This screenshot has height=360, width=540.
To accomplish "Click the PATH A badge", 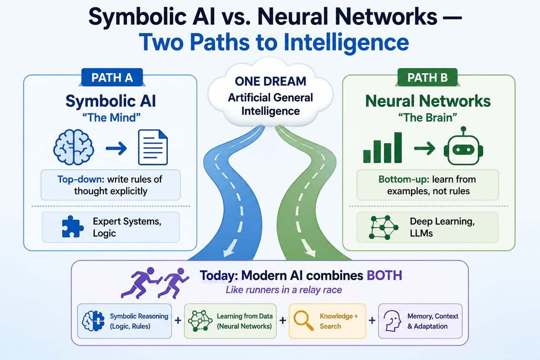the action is pyautogui.click(x=112, y=77).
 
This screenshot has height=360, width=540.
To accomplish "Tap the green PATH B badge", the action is pyautogui.click(x=427, y=77).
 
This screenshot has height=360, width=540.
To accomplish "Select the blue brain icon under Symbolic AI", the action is pyautogui.click(x=73, y=147).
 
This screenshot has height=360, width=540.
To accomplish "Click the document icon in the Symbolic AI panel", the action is pyautogui.click(x=153, y=147).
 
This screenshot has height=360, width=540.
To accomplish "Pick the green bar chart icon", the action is pyautogui.click(x=382, y=147).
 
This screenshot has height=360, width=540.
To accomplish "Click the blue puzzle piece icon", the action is pyautogui.click(x=73, y=226).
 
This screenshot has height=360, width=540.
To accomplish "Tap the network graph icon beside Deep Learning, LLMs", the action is pyautogui.click(x=384, y=227).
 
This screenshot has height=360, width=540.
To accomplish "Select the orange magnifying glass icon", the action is pyautogui.click(x=303, y=321).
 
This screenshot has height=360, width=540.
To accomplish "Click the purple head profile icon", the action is pyautogui.click(x=392, y=321).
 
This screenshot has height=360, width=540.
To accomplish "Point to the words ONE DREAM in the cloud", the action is pyautogui.click(x=270, y=81).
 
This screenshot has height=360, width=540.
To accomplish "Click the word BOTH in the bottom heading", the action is pyautogui.click(x=384, y=275).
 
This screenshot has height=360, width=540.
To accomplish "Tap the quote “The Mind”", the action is pyautogui.click(x=111, y=118).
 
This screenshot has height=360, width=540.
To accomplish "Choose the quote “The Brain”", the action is pyautogui.click(x=427, y=118).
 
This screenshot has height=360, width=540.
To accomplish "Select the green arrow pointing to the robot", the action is pyautogui.click(x=425, y=148).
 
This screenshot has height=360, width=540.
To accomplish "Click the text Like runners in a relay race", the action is pyautogui.click(x=284, y=290).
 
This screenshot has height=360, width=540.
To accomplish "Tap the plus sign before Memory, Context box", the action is pyautogui.click(x=372, y=321).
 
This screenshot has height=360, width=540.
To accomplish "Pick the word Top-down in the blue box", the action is pyautogui.click(x=81, y=179).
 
